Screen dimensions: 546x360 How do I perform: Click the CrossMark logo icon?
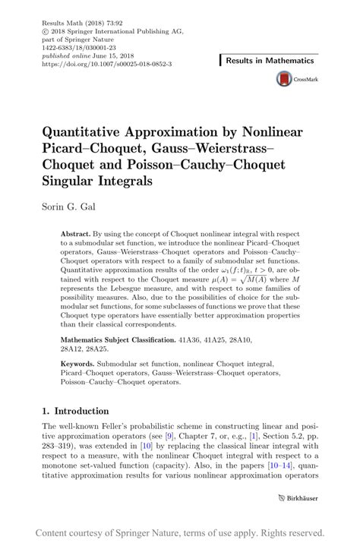point(286,79)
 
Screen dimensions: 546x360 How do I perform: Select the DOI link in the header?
point(106,65)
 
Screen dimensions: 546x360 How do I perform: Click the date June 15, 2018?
point(113,58)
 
